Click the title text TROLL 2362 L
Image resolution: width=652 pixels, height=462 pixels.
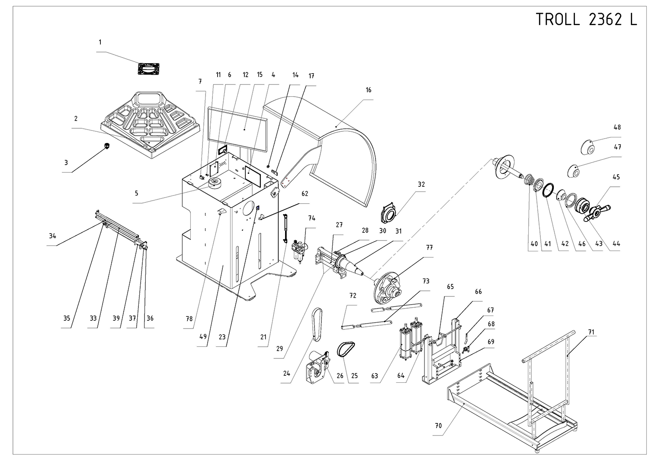(586, 20)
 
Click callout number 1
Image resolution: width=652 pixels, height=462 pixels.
(100, 42)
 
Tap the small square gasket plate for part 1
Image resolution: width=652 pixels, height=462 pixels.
(148, 69)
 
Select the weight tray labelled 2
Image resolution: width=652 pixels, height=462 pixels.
(151, 125)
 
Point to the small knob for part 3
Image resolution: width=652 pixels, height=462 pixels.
(107, 146)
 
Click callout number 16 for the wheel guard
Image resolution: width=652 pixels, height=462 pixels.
(369, 90)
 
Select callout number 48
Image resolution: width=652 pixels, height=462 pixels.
(617, 127)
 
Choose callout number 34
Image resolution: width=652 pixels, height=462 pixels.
(52, 236)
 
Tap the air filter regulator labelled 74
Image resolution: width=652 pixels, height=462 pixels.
(300, 250)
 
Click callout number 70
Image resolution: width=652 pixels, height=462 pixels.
(438, 426)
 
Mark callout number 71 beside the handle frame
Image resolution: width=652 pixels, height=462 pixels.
(591, 332)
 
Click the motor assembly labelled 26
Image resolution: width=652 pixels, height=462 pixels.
(318, 367)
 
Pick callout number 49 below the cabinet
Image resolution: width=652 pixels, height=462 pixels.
(203, 337)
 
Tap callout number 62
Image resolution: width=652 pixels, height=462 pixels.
(305, 194)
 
